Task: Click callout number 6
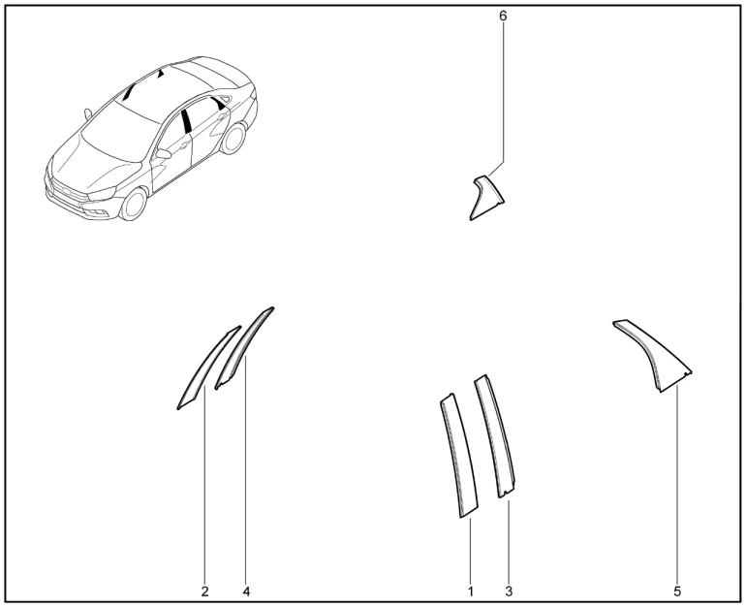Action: click(503, 16)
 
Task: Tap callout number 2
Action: click(204, 591)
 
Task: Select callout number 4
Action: click(246, 591)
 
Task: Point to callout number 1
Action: click(471, 591)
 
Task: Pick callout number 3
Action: click(509, 591)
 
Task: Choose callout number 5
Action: click(677, 591)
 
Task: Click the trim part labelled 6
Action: click(485, 197)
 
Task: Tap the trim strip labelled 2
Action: click(207, 367)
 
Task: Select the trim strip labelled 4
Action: click(243, 348)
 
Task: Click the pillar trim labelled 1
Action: click(458, 456)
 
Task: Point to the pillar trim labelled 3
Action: click(495, 435)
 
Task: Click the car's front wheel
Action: click(134, 204)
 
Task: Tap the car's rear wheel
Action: click(233, 138)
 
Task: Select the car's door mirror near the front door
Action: click(163, 153)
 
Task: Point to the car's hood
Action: click(95, 164)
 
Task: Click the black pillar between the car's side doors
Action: click(186, 121)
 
